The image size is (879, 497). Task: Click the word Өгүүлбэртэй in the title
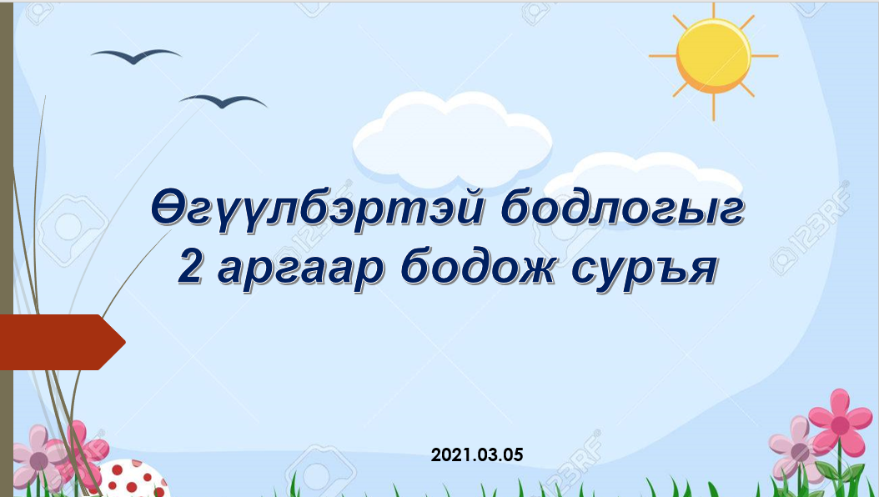pyautogui.click(x=318, y=207)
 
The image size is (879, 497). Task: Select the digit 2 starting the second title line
pyautogui.click(x=190, y=268)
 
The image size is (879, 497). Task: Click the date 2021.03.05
pyautogui.click(x=477, y=454)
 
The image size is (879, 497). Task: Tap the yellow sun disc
pyautogui.click(x=714, y=56)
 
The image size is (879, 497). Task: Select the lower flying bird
pyautogui.click(x=224, y=101)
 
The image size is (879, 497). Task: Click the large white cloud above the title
pyautogui.click(x=452, y=139)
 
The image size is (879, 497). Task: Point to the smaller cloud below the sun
pyautogui.click(x=644, y=178)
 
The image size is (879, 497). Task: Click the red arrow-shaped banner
pyautogui.click(x=62, y=342)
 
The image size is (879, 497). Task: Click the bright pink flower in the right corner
pyautogui.click(x=840, y=424)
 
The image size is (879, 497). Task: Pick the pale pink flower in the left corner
pyautogui.click(x=38, y=459)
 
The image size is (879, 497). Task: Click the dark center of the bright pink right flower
pyautogui.click(x=840, y=425)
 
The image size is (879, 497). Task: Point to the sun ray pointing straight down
pyautogui.click(x=714, y=107)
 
